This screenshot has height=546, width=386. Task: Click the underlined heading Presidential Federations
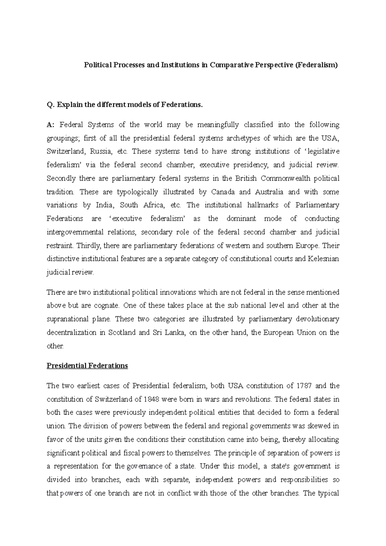coord(87,366)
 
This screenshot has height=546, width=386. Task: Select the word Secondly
coord(61,178)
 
